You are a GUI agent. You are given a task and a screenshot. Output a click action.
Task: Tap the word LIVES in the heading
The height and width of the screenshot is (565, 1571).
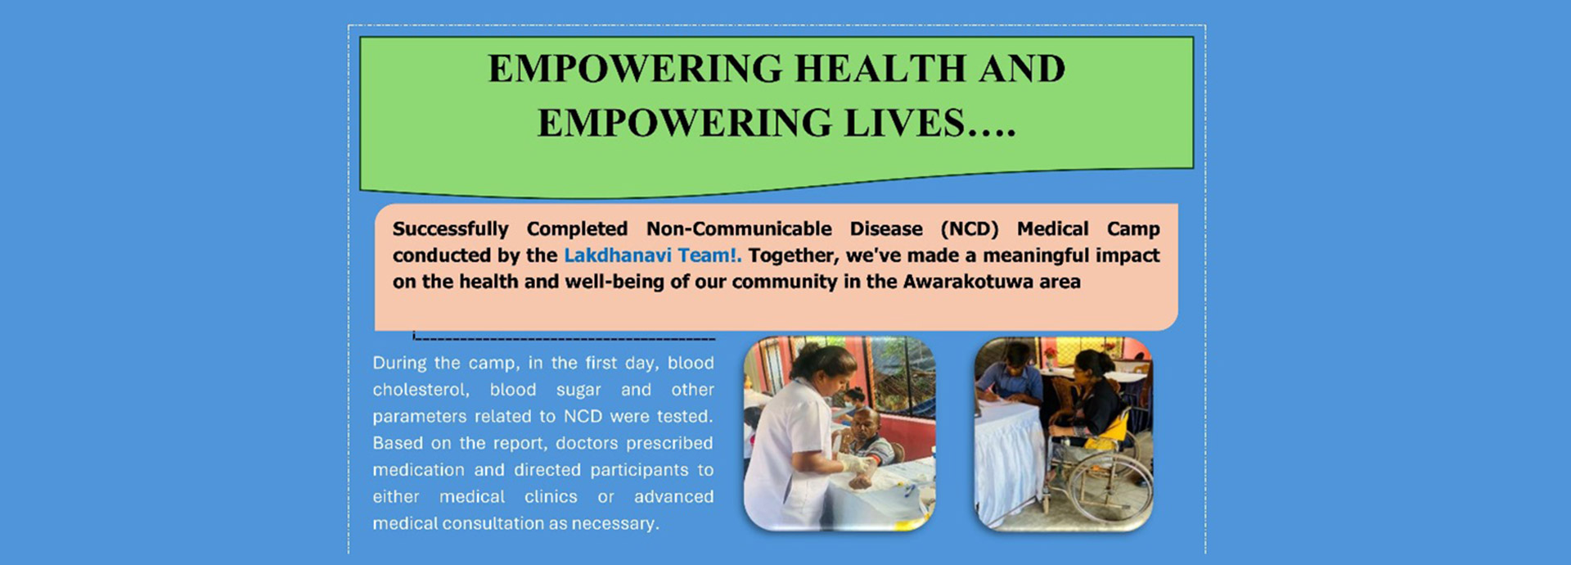tap(904, 124)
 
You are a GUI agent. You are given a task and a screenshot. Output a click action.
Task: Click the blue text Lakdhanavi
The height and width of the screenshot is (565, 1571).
tap(617, 255)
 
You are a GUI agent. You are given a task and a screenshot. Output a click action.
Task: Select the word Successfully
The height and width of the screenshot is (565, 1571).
tap(450, 229)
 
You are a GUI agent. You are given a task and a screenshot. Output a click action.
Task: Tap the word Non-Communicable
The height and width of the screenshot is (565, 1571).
tap(739, 229)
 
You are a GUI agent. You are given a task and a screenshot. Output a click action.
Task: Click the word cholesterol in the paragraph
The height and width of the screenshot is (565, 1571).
tap(421, 390)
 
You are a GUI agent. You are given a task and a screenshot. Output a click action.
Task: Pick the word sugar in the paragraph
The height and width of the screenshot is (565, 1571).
tap(578, 391)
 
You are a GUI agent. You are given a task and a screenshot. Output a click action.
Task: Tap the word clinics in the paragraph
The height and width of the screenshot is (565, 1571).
tap(551, 497)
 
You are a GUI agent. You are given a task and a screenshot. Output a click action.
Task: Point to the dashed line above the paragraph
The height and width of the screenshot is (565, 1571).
tap(565, 338)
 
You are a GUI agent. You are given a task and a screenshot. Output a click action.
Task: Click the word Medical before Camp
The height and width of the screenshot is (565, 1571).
tap(1052, 229)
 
